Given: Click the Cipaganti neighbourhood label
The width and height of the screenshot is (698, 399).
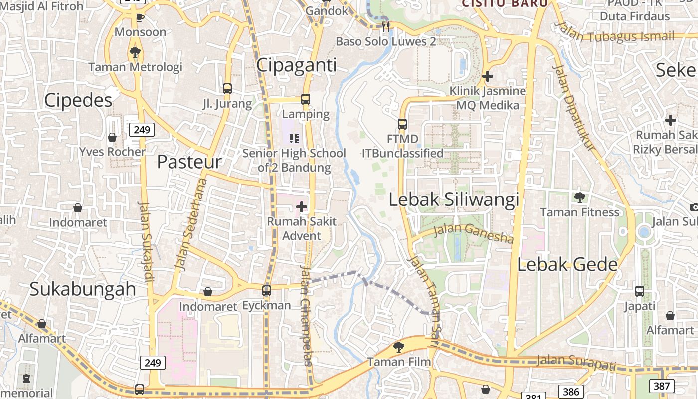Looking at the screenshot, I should point(297,65).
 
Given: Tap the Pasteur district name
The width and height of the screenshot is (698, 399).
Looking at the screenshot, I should point(189,162).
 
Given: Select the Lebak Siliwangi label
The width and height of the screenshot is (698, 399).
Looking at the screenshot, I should point(454,199).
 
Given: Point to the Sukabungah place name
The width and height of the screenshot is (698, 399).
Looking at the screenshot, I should point(83,289).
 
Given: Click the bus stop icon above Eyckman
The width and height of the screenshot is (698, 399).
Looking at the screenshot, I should point(267,290).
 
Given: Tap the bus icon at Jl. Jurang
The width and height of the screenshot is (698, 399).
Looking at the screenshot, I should point(227,89).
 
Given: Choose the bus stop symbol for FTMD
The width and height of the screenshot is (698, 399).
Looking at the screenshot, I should point(402,124).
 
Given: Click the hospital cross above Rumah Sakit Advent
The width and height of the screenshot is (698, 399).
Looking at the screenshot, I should point(302,206).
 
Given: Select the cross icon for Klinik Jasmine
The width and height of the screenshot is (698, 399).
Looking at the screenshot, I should point(488,76).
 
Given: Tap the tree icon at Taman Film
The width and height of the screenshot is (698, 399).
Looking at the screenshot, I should point(398,347).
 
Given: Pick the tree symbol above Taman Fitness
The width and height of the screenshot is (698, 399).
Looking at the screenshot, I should point(579,198).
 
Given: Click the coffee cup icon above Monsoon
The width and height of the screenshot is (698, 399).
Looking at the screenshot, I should point(140,18).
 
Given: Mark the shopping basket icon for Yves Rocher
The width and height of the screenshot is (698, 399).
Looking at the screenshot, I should point(112,137).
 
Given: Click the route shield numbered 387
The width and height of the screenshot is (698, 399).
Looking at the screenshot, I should point(661,386).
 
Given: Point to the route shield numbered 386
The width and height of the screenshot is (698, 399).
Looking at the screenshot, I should point(571,392).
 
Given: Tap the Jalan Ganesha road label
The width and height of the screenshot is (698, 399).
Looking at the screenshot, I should point(473,233).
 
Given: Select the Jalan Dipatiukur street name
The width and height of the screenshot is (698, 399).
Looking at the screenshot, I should point(574,107).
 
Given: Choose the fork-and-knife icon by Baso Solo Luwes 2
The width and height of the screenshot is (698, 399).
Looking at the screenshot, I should point(385,26).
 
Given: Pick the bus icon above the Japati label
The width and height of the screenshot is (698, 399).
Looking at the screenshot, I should point(640,291).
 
